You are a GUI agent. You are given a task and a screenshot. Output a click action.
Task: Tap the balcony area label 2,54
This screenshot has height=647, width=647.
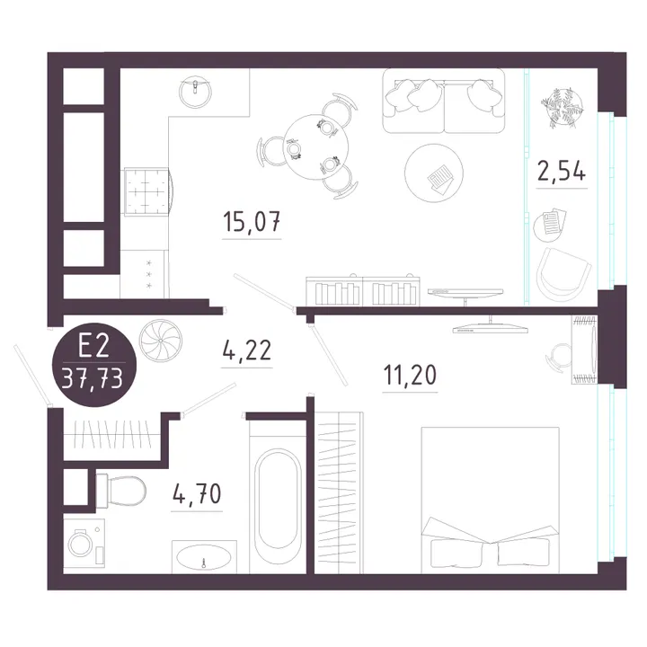click(562, 171)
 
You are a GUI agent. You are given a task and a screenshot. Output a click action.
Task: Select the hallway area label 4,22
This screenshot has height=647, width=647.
click(247, 350)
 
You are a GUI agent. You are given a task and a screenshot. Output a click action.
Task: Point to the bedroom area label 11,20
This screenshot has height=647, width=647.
click(410, 375)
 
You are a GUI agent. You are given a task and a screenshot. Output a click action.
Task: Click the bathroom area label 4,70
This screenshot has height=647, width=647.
click(197, 493)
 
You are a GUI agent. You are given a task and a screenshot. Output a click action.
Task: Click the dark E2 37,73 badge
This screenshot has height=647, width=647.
click(93, 364)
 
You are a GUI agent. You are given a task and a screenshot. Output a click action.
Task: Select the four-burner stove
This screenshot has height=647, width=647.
click(147, 191)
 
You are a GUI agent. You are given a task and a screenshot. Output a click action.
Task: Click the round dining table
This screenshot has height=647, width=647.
click(316, 147)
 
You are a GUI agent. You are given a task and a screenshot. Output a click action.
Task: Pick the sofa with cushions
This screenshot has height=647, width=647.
click(444, 101)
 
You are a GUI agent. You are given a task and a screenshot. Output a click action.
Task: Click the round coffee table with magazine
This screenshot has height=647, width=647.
click(434, 173)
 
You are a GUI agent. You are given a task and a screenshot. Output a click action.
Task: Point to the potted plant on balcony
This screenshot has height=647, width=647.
click(563, 106)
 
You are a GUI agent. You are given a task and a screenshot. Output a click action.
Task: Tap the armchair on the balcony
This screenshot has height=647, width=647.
click(563, 274)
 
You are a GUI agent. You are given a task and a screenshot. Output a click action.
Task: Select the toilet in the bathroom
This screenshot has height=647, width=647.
click(121, 491)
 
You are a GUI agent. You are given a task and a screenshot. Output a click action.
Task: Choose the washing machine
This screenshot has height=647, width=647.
click(84, 543)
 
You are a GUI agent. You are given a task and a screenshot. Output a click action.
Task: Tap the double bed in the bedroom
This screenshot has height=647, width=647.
click(490, 501)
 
